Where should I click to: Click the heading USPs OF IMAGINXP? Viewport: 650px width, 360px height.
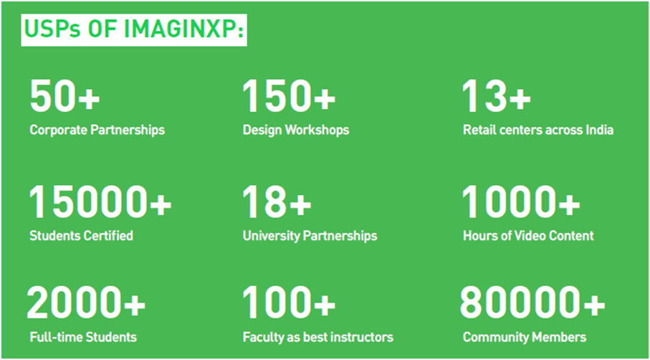click(x=134, y=31)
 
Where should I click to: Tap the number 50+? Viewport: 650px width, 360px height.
click(x=64, y=97)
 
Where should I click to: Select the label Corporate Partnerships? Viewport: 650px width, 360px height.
click(x=97, y=131)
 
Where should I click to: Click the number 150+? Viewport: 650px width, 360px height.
click(x=289, y=97)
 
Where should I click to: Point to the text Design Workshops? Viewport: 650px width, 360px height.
click(x=295, y=131)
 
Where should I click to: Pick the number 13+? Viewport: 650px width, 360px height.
click(x=497, y=97)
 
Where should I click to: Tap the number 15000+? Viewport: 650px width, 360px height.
click(x=100, y=203)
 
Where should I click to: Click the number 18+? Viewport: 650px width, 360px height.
click(x=277, y=203)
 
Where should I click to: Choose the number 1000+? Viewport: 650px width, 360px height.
click(x=521, y=203)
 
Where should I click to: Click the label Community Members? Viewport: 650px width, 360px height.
click(x=525, y=337)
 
